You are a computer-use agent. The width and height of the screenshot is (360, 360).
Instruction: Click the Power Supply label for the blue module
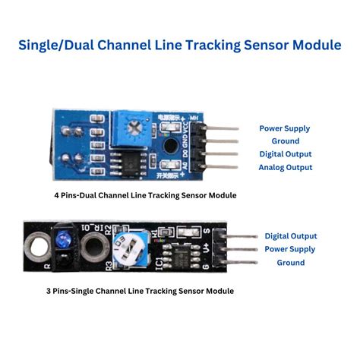click(x=286, y=128)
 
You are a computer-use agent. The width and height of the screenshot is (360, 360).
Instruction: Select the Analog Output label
click(x=286, y=167)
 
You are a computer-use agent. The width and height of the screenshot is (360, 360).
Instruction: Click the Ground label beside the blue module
click(x=286, y=141)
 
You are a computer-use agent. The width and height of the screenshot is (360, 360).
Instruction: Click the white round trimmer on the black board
click(x=127, y=247)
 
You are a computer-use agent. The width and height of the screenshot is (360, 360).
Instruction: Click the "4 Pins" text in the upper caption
click(x=70, y=195)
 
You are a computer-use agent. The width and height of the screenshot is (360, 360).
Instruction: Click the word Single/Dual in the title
click(x=60, y=45)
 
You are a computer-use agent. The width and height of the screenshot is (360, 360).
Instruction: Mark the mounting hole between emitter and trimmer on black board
click(x=95, y=248)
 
